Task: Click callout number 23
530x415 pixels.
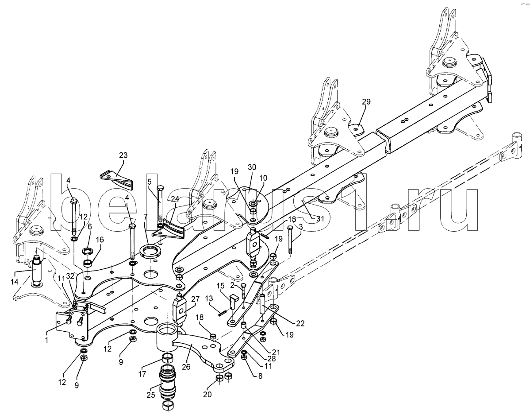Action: coord(123,155)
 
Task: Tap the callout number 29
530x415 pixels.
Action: coord(366,102)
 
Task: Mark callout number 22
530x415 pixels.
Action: coord(300,323)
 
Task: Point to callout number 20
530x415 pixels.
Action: coord(207,394)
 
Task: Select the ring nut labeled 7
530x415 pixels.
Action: coord(150,253)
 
